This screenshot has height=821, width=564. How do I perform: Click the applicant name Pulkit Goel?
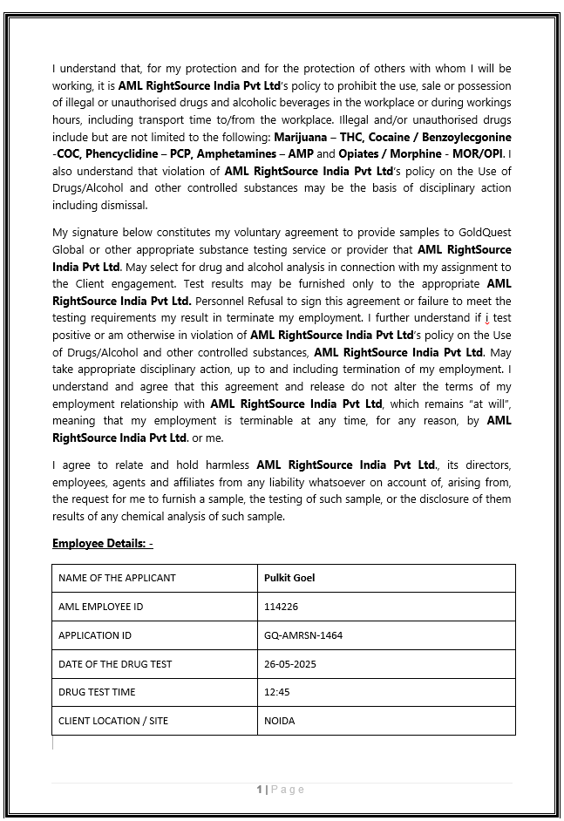(289, 578)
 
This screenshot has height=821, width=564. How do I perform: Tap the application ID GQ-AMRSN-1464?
(303, 635)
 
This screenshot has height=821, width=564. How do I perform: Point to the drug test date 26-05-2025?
(290, 664)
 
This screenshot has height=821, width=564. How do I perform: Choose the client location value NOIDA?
(280, 721)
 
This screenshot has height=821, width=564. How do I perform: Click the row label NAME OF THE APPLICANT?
(117, 578)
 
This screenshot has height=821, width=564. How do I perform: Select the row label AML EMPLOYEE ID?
(101, 607)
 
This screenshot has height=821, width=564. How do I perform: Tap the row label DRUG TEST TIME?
(97, 692)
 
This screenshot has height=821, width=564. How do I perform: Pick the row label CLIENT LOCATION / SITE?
(113, 721)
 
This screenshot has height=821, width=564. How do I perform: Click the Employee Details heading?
(102, 544)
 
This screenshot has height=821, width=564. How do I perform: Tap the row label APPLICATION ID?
(95, 635)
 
